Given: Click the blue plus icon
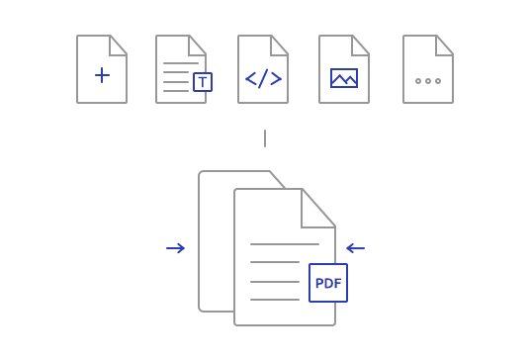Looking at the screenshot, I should (x=102, y=75).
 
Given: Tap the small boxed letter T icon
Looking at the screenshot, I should (x=203, y=82).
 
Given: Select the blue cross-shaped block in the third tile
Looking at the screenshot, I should (x=263, y=78).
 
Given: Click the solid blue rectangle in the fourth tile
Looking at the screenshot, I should (x=344, y=78).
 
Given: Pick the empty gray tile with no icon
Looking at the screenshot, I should (x=427, y=69).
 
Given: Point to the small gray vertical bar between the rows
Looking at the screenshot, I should (x=265, y=138).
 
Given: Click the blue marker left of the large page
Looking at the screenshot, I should (x=181, y=248).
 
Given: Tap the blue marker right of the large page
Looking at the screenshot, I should (x=350, y=248).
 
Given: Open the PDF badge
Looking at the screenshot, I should (x=328, y=283).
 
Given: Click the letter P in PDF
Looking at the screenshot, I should (x=319, y=284).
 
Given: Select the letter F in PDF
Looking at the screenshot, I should (x=337, y=284).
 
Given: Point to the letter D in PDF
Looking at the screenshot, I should (x=328, y=284).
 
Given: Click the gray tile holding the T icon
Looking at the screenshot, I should (x=178, y=59).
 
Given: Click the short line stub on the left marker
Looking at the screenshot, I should (x=170, y=248).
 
